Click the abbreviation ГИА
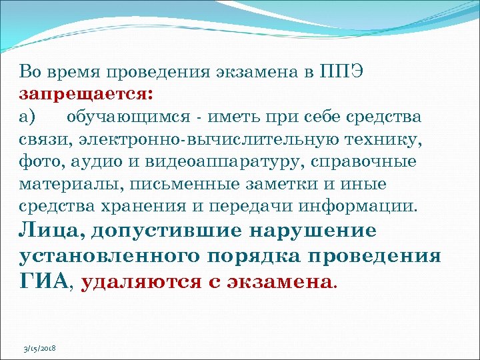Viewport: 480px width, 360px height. pyautogui.click(x=44, y=281)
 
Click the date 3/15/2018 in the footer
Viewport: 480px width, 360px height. pyautogui.click(x=39, y=349)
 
